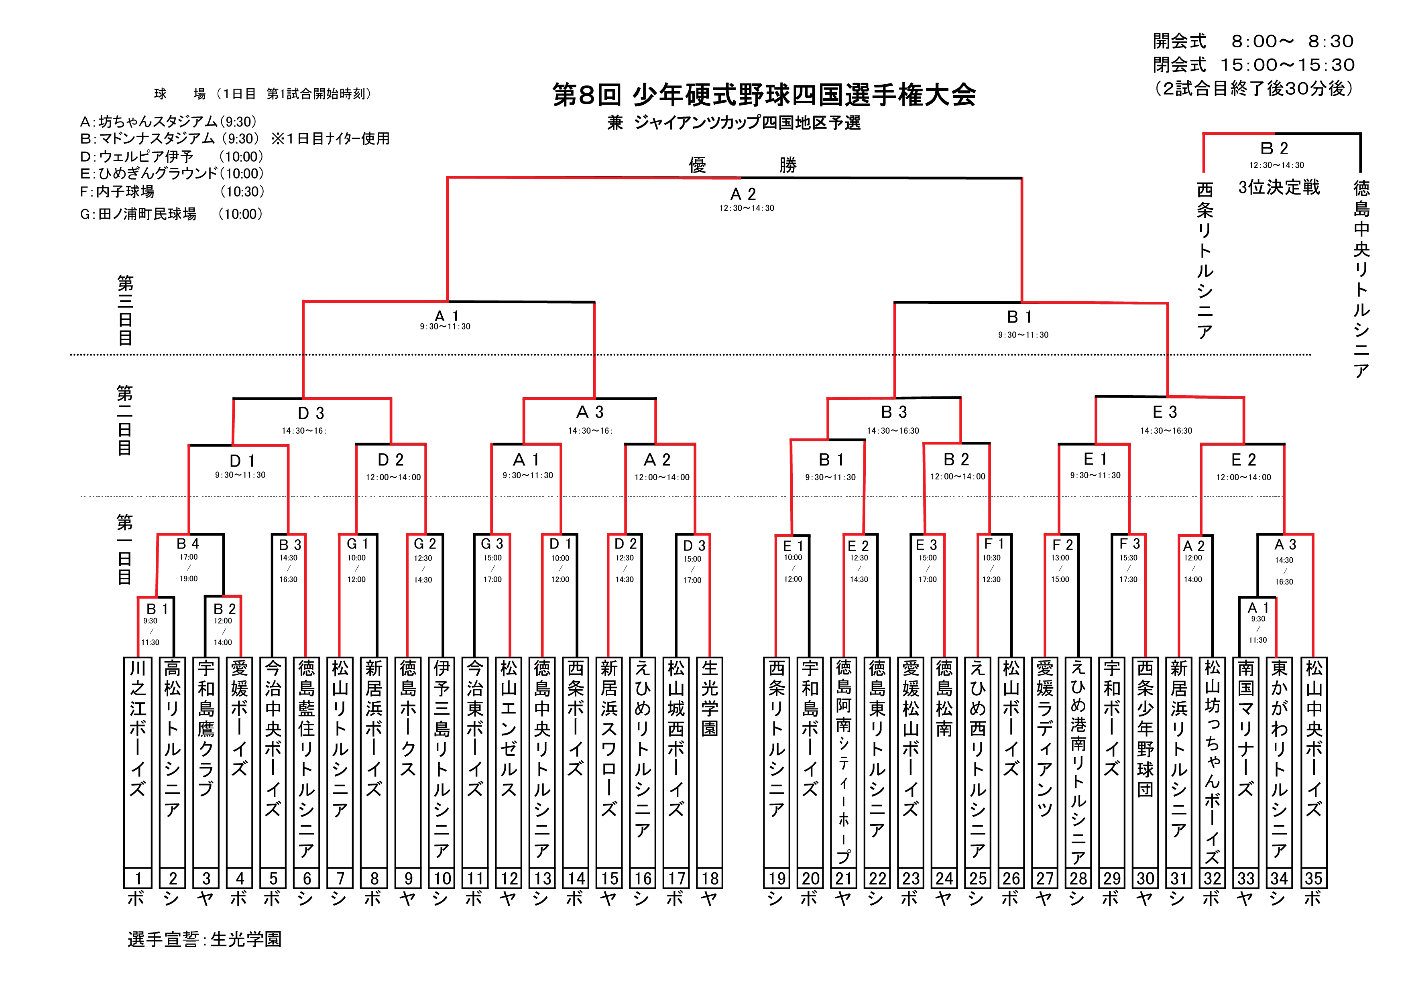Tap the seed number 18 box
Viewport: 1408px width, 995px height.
coord(710,878)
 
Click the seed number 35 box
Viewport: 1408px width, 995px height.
coord(1313,878)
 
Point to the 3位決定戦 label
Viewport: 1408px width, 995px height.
coord(1279,187)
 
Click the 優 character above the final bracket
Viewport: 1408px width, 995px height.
coord(697,164)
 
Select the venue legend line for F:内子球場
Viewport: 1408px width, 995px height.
coord(172,192)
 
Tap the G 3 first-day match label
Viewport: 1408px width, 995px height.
coord(492,544)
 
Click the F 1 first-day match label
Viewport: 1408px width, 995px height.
coord(993,544)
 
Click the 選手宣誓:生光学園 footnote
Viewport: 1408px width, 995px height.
coord(204,938)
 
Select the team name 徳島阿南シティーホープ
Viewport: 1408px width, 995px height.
coord(844,760)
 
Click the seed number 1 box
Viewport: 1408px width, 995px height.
coord(138,878)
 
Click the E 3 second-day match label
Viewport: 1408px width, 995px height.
coord(1164,412)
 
